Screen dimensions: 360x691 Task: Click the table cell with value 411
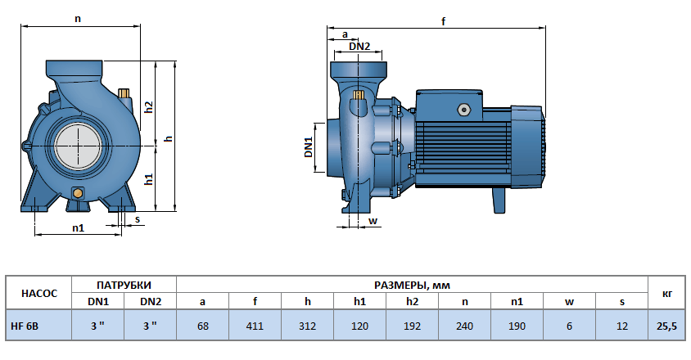coord(255,326)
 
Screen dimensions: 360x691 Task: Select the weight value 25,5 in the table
coord(668,326)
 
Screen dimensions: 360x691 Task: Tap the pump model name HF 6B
coord(25,326)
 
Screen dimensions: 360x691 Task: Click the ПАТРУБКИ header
coord(124,285)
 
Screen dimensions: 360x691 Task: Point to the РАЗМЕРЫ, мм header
coord(412,285)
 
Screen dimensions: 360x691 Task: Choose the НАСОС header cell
coord(38,293)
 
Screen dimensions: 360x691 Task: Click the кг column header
coord(668,293)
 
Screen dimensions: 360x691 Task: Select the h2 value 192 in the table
coord(412,326)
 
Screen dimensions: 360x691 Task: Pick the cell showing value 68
coord(202,326)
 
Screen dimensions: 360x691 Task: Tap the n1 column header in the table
coord(517,301)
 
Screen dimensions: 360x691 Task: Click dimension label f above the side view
coord(443,22)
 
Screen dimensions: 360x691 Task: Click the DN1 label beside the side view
coord(309,148)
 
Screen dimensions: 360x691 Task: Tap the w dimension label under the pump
coord(372,221)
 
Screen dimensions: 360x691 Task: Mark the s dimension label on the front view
coord(137,219)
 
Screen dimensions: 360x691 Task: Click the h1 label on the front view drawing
coord(149,179)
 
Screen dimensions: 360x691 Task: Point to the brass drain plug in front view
coord(78,193)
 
